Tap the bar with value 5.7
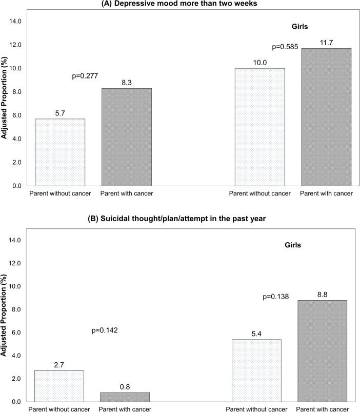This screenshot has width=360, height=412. point(60,152)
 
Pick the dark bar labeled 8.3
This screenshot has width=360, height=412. point(126,136)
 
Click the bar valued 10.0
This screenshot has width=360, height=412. point(259,127)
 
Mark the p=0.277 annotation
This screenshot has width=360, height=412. point(86,76)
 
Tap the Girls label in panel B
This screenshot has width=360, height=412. point(293,245)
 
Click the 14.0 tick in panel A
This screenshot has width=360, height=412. point(15,22)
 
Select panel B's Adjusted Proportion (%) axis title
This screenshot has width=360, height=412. point(5,319)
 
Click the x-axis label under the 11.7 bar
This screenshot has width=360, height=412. point(326,193)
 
